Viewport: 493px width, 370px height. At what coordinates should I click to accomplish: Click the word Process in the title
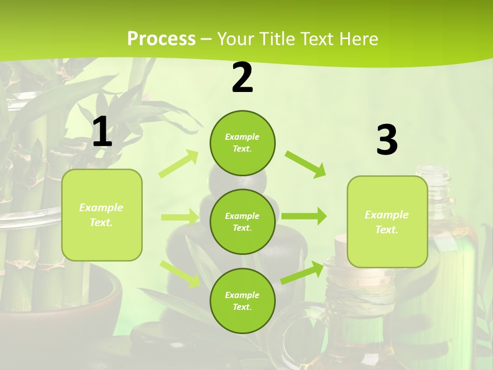pyautogui.click(x=161, y=39)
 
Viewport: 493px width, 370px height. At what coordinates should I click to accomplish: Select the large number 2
pyautogui.click(x=242, y=78)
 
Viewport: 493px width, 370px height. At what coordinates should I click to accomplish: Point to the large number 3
pyautogui.click(x=387, y=140)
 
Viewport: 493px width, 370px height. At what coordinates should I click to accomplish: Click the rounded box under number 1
pyautogui.click(x=102, y=215)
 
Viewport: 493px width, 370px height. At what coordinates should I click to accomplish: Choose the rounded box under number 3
pyautogui.click(x=387, y=221)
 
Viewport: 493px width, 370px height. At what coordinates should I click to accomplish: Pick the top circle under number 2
pyautogui.click(x=242, y=143)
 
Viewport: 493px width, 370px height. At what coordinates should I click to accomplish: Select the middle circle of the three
pyautogui.click(x=242, y=221)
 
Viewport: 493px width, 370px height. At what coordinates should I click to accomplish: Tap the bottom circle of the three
pyautogui.click(x=242, y=301)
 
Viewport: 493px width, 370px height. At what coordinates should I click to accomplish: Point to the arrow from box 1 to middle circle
pyautogui.click(x=180, y=217)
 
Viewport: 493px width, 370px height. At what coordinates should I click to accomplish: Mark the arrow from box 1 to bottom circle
pyautogui.click(x=180, y=274)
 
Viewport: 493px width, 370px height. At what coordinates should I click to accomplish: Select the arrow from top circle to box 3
pyautogui.click(x=306, y=164)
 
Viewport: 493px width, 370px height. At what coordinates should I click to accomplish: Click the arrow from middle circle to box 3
pyautogui.click(x=304, y=216)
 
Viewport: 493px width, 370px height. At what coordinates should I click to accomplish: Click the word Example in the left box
pyautogui.click(x=101, y=208)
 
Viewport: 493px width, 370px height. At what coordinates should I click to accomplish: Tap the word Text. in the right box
pyautogui.click(x=387, y=230)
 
